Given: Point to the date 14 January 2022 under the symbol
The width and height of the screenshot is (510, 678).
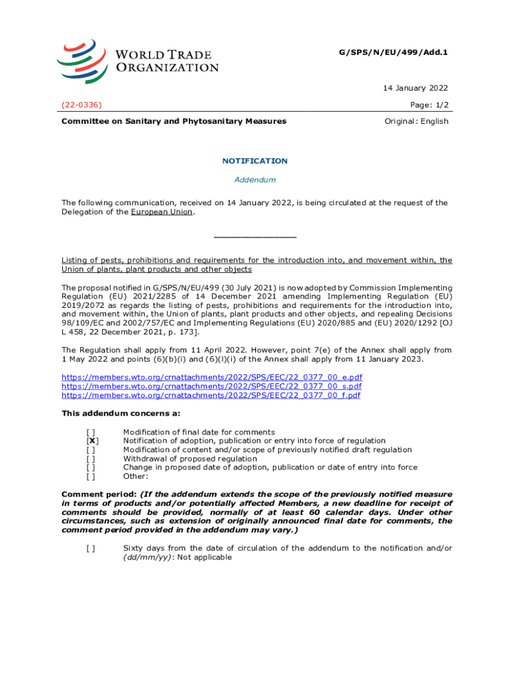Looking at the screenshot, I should (x=416, y=88).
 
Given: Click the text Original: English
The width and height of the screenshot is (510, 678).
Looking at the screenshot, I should (x=416, y=121).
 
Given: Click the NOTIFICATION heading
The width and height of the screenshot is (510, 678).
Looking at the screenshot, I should (x=255, y=161).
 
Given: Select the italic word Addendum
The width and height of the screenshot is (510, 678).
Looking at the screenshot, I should (x=255, y=180).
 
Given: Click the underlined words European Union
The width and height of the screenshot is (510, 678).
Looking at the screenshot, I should (x=162, y=212).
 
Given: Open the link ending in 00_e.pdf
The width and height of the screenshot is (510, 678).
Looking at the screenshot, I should (x=211, y=377).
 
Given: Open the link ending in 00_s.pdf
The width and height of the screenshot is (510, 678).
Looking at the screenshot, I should (x=211, y=386).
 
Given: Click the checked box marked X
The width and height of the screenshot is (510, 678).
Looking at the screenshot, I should (x=93, y=441).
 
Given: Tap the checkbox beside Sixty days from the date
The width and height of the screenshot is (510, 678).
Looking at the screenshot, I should (x=90, y=548).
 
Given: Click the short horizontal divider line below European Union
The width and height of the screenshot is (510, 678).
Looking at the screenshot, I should (x=255, y=237).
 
